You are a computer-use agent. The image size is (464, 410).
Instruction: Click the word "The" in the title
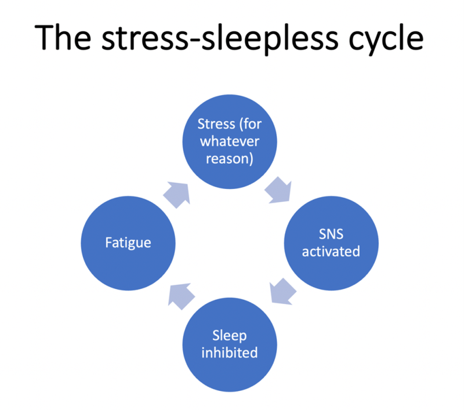[63, 38]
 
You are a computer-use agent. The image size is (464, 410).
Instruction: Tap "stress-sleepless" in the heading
[220, 39]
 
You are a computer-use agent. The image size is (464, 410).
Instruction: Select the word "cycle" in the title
[386, 39]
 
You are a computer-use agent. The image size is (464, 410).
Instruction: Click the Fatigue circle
[128, 243]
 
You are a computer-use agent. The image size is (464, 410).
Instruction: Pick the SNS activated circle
[331, 243]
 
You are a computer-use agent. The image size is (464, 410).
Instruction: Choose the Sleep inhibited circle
[230, 344]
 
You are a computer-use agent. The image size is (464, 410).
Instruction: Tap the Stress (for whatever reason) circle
[230, 141]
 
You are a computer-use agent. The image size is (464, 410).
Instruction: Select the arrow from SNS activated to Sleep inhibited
[282, 292]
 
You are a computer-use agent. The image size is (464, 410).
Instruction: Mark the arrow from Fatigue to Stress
[177, 195]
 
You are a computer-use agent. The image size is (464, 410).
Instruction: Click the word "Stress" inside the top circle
[216, 124]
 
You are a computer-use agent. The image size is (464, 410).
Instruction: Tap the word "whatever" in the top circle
[230, 141]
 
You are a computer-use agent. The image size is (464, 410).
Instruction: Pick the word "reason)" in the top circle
[230, 159]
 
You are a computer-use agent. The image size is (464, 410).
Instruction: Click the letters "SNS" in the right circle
[331, 234]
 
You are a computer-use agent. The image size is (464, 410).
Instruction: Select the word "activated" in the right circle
[331, 252]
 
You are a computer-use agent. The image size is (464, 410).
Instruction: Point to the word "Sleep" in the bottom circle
[230, 336]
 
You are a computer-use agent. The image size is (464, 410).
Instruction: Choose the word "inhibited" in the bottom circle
[230, 353]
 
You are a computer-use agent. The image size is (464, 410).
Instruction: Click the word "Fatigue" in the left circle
[128, 243]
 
